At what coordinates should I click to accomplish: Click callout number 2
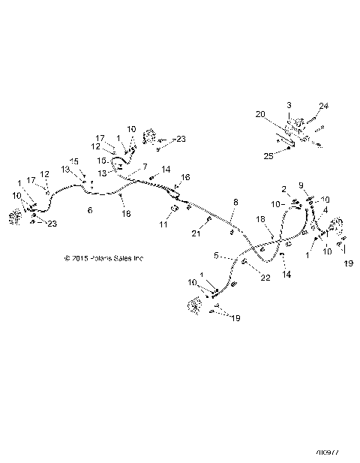click(x=285, y=188)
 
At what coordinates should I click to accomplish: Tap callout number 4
click(x=325, y=210)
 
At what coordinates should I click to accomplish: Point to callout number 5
click(x=215, y=256)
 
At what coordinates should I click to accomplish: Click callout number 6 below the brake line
click(x=91, y=211)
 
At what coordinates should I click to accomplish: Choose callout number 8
click(x=235, y=203)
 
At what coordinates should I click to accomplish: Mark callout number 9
click(x=302, y=185)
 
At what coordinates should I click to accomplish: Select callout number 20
click(x=261, y=115)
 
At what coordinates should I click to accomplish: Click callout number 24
click(x=324, y=105)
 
